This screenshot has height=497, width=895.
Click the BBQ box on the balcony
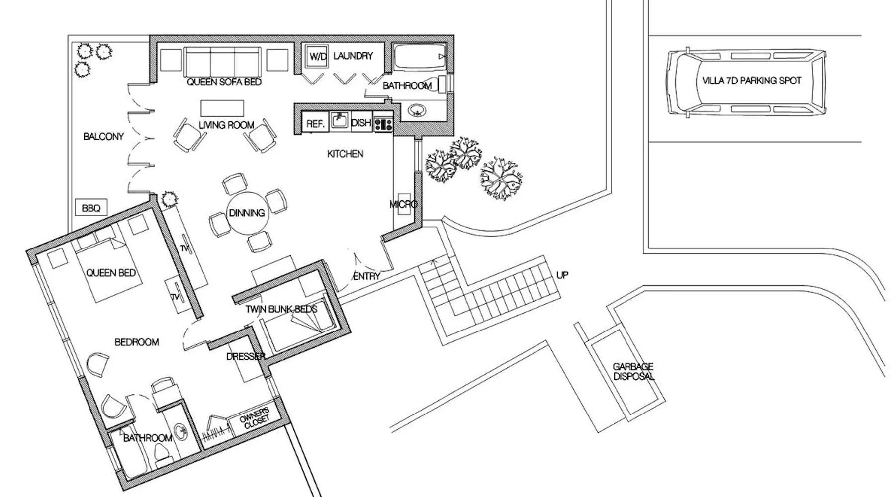pos(90,208)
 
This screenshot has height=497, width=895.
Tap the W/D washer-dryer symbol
pos(318,57)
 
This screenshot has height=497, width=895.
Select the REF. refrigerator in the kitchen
pos(315,123)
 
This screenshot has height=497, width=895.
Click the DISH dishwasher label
pos(361,122)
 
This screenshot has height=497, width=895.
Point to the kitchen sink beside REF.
pos(340,121)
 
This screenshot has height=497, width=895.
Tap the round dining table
pos(247,213)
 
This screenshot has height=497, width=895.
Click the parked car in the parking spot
pos(746,83)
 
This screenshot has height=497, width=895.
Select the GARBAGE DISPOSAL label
pos(633,371)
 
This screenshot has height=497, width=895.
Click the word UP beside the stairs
pos(562,275)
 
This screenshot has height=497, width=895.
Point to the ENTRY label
pos(366,276)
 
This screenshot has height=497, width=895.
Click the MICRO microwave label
pos(403,204)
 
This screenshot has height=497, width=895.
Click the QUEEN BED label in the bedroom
pos(111,273)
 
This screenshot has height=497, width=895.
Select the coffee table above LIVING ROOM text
pos(222,108)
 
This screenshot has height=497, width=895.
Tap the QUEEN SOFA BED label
pos(224,82)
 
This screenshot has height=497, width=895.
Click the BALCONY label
pos(103,136)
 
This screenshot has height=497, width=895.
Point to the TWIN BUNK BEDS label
pos(281,309)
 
